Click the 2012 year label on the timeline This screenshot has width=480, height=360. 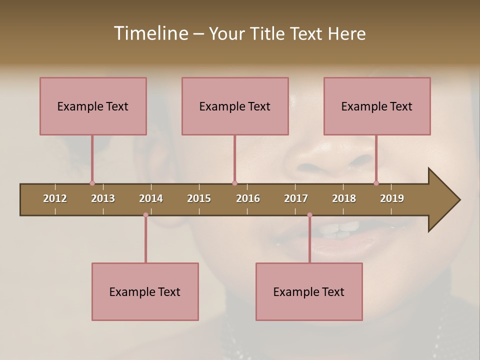(55, 198)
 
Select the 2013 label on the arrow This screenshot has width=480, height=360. (103, 198)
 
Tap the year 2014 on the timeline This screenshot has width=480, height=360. (151, 198)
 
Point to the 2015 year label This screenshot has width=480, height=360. (199, 198)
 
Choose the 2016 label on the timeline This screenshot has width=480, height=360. (248, 198)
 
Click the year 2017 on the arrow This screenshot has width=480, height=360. (296, 198)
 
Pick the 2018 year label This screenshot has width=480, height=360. (344, 198)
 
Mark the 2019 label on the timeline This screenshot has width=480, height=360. (392, 198)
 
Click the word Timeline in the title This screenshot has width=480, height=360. (150, 33)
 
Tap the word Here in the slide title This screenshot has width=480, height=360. (346, 33)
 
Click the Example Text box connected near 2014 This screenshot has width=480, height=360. (145, 291)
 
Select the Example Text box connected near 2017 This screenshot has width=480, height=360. (309, 291)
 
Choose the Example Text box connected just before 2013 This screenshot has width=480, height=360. (93, 106)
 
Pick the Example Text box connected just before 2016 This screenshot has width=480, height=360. (235, 106)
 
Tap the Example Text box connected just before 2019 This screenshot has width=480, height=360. (377, 106)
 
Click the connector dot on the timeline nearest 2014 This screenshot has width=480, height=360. (145, 215)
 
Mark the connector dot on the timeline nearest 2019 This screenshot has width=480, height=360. (376, 183)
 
